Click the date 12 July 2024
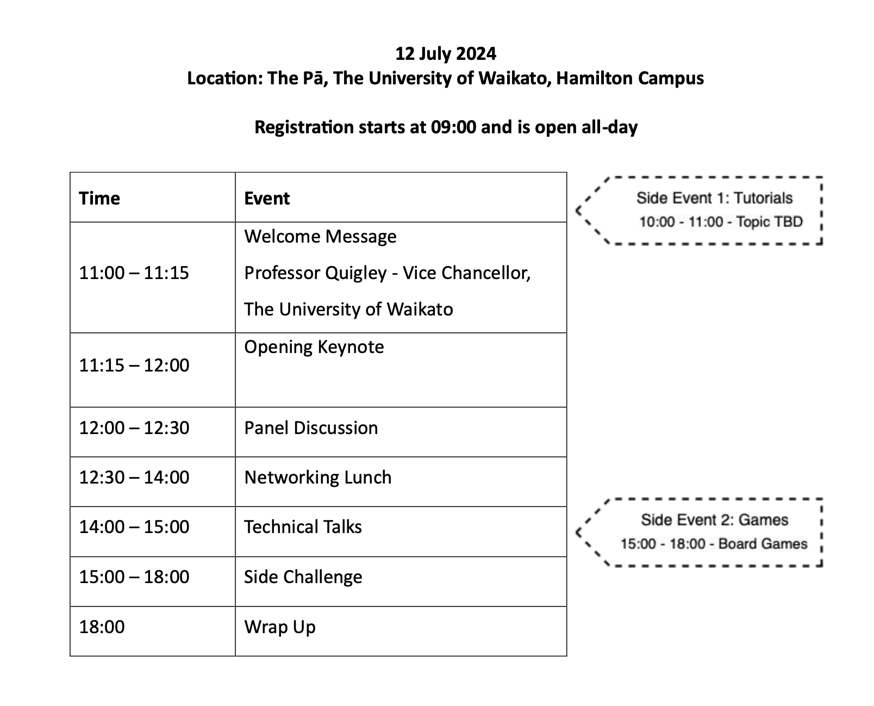tap(445, 53)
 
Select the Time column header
tap(99, 198)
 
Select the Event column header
tap(267, 198)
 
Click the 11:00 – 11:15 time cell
tap(134, 273)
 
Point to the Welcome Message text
tap(320, 236)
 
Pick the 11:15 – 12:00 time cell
tap(134, 365)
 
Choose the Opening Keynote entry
tap(314, 347)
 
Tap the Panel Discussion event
tap(311, 428)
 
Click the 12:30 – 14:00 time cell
tap(134, 477)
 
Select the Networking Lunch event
tap(318, 477)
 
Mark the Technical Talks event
tap(303, 527)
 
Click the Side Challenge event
tap(303, 577)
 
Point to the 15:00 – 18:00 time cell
tap(134, 577)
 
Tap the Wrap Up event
tap(280, 627)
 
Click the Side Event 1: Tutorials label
tap(714, 198)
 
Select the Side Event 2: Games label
tap(714, 520)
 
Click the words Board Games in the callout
tap(763, 544)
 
